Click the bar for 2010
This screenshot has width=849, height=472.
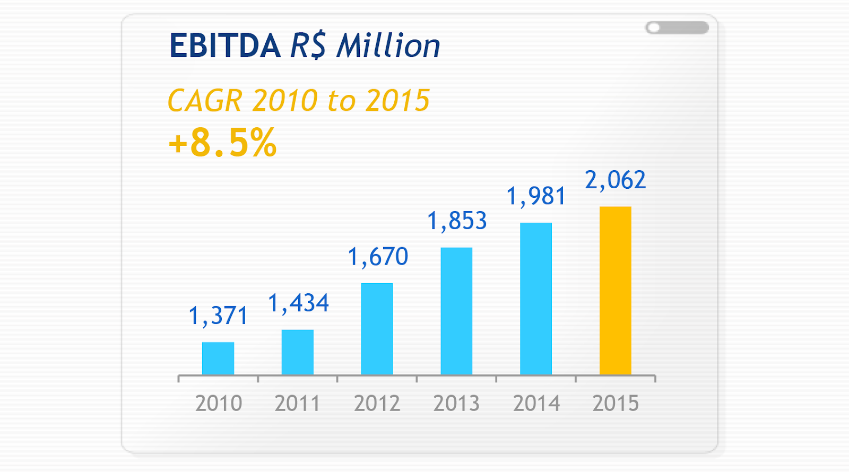[218, 359]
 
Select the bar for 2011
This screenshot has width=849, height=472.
[298, 352]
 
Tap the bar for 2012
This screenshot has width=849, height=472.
[377, 329]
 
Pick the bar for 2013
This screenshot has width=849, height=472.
[456, 311]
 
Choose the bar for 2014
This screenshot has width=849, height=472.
[536, 299]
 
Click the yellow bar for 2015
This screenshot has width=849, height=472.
[616, 291]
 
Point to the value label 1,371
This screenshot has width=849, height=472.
[218, 316]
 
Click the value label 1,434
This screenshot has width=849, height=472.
[298, 303]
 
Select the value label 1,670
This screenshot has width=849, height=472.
[378, 257]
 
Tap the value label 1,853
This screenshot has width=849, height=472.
[457, 221]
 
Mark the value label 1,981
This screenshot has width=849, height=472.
[536, 196]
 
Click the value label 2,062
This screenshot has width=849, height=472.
[616, 180]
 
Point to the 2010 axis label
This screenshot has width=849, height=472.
[219, 404]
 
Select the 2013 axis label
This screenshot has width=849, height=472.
[456, 404]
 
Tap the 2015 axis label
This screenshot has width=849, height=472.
[616, 404]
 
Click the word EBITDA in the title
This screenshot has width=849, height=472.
[225, 46]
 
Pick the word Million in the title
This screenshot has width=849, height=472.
[388, 46]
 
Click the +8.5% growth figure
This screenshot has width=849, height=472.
[222, 143]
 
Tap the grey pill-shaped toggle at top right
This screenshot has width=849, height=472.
[677, 28]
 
